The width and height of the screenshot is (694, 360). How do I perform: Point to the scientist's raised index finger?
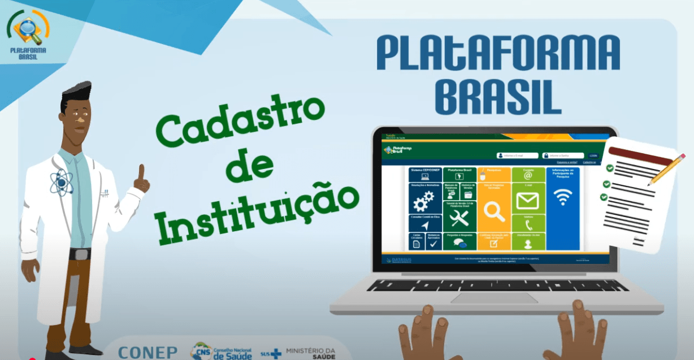coord(141,173)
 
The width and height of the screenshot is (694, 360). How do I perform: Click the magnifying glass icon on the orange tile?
coord(494,212)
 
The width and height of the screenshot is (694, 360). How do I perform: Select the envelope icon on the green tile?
coord(528,200)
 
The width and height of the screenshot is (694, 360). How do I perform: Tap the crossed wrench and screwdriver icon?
coord(459,217)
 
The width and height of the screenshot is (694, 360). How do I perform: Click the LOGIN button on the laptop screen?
coord(592,155)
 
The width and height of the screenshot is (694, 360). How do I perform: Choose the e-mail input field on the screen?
coord(517,155)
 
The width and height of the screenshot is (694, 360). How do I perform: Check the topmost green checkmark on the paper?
coord(609,168)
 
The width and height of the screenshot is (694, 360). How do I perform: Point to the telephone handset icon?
coord(528,224)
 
